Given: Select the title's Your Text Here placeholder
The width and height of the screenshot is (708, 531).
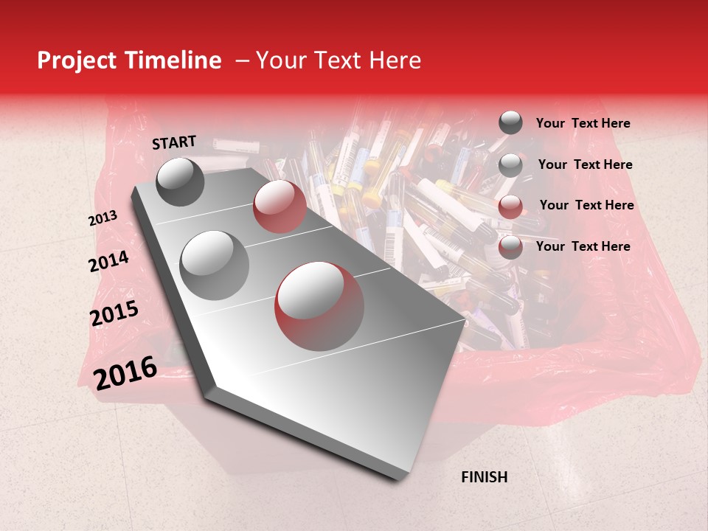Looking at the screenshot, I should tap(338, 60).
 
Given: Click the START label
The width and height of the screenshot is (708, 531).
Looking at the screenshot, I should tap(174, 142).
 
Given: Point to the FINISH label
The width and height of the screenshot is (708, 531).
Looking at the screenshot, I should tap(484, 477).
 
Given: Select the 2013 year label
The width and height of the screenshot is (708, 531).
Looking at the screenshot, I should tap(103, 218).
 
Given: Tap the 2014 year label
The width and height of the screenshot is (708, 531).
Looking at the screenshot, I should tap(108, 261).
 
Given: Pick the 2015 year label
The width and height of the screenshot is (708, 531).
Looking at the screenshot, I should tap(114, 313).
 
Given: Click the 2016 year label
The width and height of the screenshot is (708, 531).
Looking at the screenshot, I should tap(125, 372).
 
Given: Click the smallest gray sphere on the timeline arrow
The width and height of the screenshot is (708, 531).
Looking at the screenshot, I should tap(181, 181).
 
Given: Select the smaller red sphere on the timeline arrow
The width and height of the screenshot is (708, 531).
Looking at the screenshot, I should tap(280, 206).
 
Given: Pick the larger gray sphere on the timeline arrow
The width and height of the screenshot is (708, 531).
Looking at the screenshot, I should tap(215, 265).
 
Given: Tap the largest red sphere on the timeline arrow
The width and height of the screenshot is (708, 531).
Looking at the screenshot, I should tap(319, 306).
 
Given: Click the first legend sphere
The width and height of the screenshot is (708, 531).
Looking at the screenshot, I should tap(510, 123).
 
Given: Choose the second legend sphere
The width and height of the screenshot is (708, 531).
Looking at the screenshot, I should tap(510, 165).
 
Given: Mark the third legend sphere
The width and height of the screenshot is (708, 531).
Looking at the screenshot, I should tap(510, 206).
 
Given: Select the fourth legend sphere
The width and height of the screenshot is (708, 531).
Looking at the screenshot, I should tap(510, 247).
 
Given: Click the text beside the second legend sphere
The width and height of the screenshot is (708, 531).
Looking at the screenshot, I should tap(585, 164).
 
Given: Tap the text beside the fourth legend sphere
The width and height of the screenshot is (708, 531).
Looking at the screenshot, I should tap(583, 246).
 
